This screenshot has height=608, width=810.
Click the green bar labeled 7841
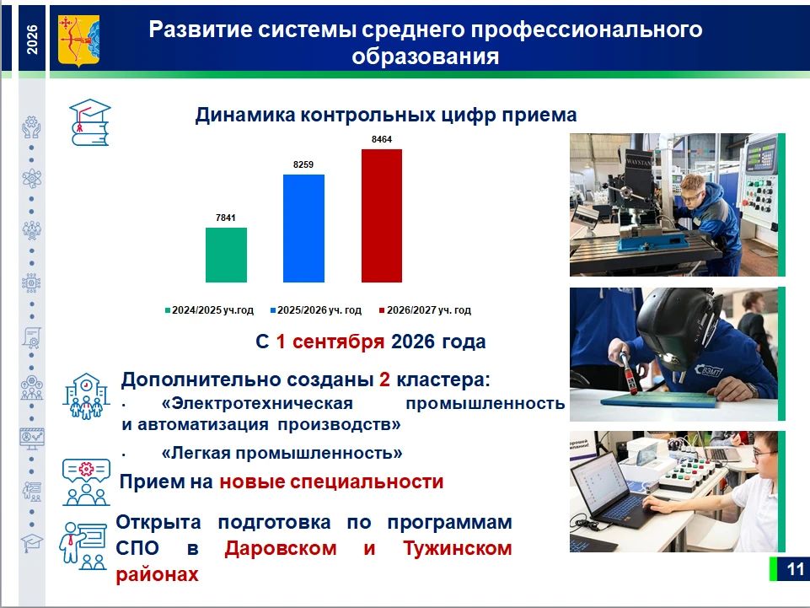(226, 255)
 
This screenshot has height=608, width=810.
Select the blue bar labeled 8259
(303, 228)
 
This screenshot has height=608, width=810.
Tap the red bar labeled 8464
(382, 216)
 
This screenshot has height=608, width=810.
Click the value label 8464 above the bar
(382, 139)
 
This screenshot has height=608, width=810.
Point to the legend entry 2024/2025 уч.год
(209, 310)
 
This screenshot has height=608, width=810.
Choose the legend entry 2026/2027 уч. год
(425, 310)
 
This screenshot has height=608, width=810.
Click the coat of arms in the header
(78, 40)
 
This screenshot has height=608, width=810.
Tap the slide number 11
(795, 569)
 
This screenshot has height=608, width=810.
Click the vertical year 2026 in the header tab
(32, 40)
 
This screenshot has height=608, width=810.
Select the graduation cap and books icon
(90, 122)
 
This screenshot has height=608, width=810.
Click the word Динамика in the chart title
(245, 116)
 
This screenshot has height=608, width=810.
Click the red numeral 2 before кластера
(384, 379)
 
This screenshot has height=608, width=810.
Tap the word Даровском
(281, 548)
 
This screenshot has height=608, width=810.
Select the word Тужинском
(458, 548)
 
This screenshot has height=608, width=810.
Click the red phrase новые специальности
(331, 482)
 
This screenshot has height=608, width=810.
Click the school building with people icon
(86, 396)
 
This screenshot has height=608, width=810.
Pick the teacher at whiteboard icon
(83, 546)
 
